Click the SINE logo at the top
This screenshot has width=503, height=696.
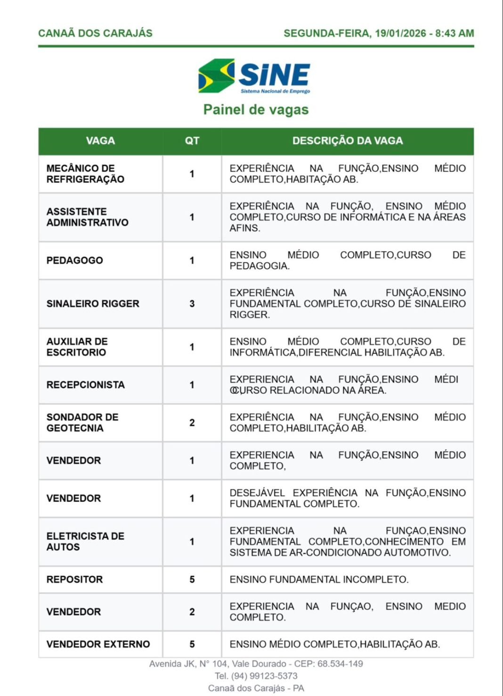click(254, 76)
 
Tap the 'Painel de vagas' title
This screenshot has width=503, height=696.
click(256, 110)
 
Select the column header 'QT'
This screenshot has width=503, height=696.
click(192, 141)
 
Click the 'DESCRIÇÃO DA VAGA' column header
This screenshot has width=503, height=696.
click(348, 141)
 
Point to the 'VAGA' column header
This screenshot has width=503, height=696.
click(100, 141)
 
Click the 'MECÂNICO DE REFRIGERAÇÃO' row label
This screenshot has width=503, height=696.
click(85, 174)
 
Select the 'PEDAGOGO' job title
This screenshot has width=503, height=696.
click(74, 260)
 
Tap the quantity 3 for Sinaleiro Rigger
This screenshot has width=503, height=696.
click(192, 304)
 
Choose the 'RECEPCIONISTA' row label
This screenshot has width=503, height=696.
click(85, 385)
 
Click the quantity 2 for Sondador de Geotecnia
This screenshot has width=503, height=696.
click(192, 423)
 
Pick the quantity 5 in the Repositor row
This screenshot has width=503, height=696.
click(192, 580)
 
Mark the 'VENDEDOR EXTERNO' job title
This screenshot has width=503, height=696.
click(98, 644)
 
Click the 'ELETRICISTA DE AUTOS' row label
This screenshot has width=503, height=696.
click(85, 542)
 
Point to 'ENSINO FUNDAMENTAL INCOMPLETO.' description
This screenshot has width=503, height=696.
click(319, 580)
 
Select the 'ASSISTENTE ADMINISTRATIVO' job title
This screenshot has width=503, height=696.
click(87, 217)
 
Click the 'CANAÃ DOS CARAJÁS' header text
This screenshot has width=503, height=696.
click(95, 33)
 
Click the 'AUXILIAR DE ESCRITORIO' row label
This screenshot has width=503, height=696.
click(77, 347)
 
